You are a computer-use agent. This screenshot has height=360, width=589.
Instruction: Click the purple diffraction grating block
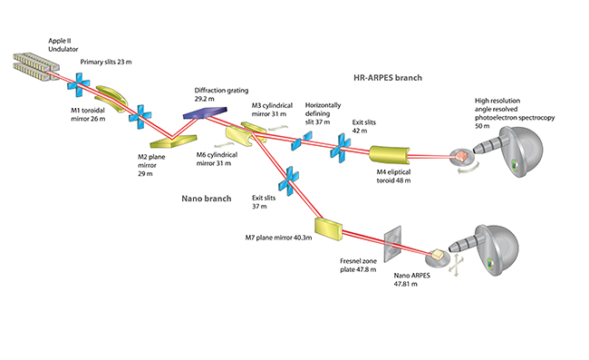[x=206, y=112]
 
